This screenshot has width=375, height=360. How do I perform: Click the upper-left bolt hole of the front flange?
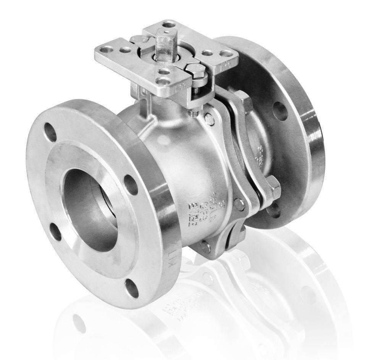point(50,132)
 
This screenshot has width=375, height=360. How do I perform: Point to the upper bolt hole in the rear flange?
point(281,110)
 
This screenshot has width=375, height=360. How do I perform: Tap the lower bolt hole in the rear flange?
point(274,210)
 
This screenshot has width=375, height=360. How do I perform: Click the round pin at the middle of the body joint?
point(239,204)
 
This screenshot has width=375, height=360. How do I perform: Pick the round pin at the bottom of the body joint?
point(207,247)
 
